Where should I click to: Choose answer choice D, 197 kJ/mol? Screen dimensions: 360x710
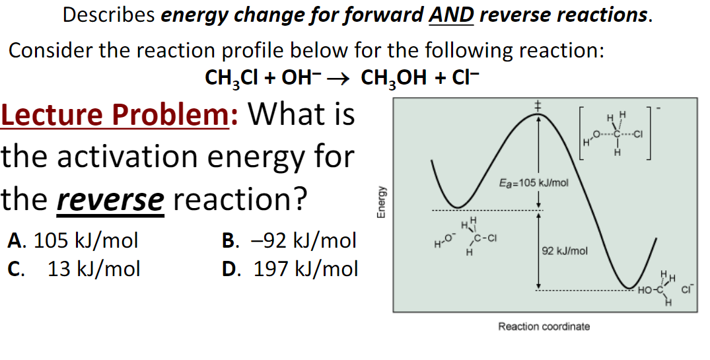pos(291,269)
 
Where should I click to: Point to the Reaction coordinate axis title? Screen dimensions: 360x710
pos(544,326)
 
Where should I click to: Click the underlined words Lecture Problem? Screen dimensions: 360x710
pos(116,115)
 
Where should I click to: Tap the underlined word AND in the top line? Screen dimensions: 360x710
pos(452,15)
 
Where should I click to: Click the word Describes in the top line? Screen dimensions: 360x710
pos(110,15)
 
